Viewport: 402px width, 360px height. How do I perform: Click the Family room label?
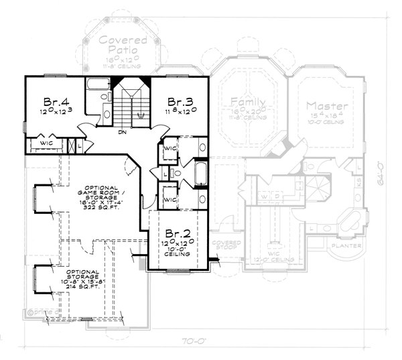(x=242, y=102)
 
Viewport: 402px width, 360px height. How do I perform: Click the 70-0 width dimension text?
(x=194, y=343)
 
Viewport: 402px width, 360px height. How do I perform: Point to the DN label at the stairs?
(x=123, y=132)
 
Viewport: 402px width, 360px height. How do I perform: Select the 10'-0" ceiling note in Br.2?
(x=175, y=251)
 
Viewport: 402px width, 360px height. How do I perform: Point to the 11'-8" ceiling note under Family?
(x=243, y=117)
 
